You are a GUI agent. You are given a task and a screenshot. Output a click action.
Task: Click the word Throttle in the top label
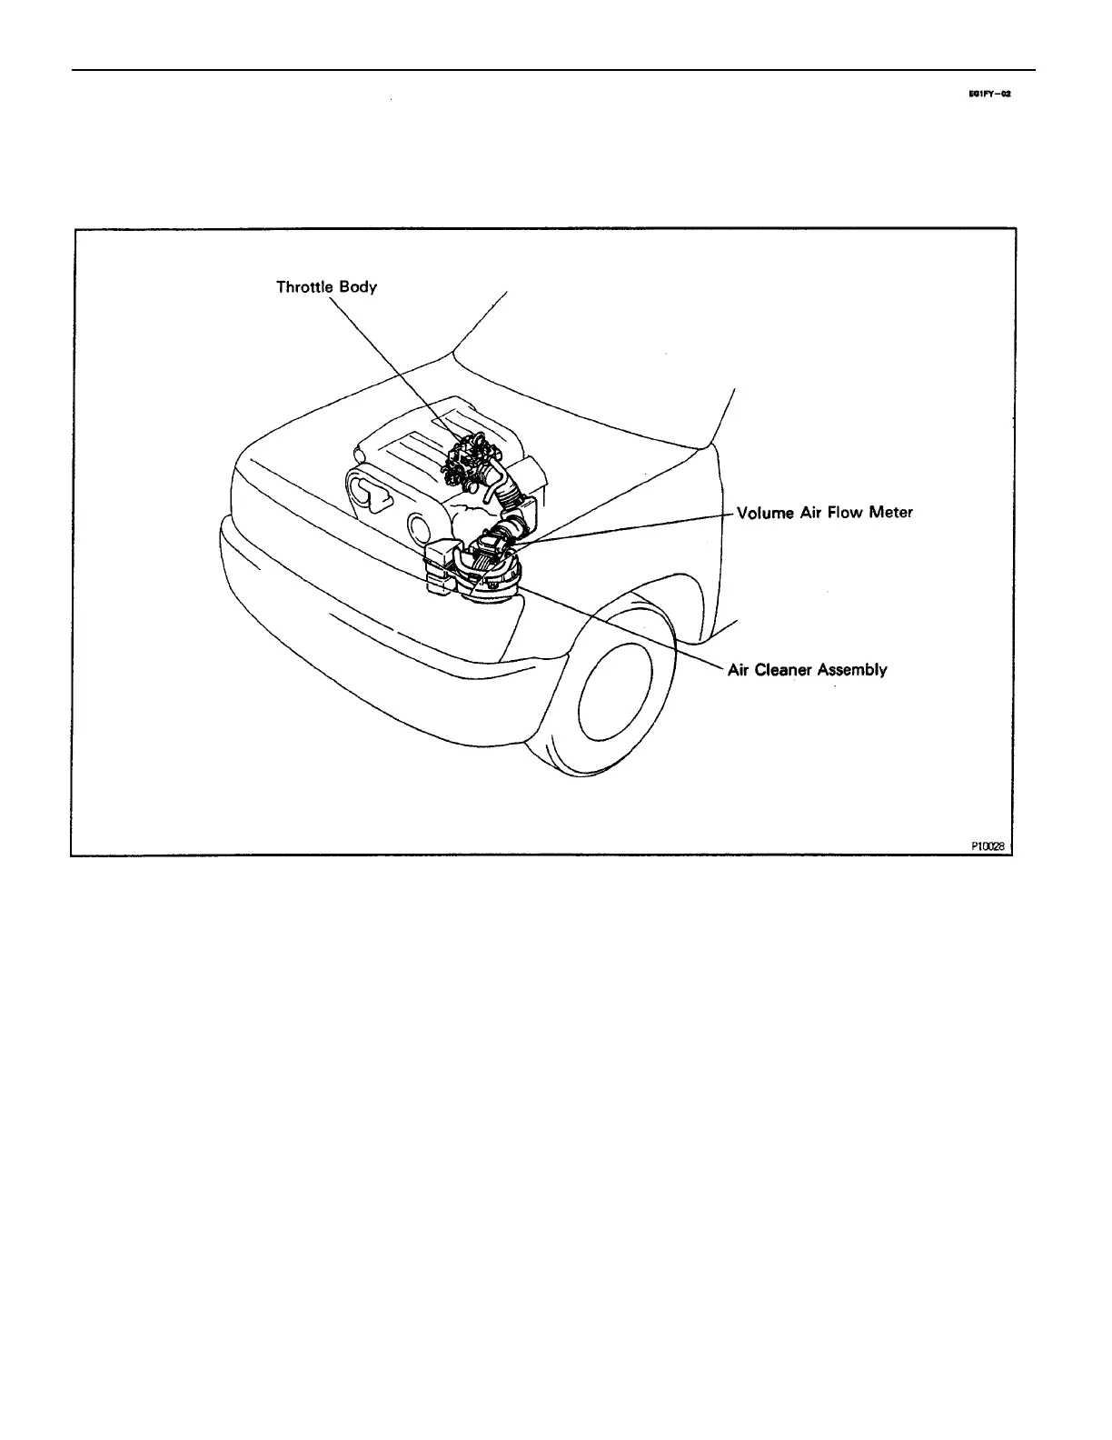coord(305,287)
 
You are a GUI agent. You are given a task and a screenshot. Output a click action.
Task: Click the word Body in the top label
coord(358,288)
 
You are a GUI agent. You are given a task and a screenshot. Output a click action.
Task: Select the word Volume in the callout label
coord(765,513)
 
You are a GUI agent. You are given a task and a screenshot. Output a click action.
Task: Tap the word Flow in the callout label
coord(845,513)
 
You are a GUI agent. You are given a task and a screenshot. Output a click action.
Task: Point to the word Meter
coord(890,513)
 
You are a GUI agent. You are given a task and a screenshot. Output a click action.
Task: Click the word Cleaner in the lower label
coord(783,670)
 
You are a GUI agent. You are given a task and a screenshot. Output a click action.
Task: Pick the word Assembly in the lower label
coord(852,671)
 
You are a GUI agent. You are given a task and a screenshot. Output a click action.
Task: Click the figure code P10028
coord(988,845)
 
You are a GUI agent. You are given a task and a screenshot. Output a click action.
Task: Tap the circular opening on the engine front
coord(419,526)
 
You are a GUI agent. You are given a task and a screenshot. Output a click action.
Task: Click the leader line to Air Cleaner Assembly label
coord(636,632)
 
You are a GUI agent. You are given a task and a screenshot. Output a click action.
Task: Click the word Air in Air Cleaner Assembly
coord(738,670)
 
